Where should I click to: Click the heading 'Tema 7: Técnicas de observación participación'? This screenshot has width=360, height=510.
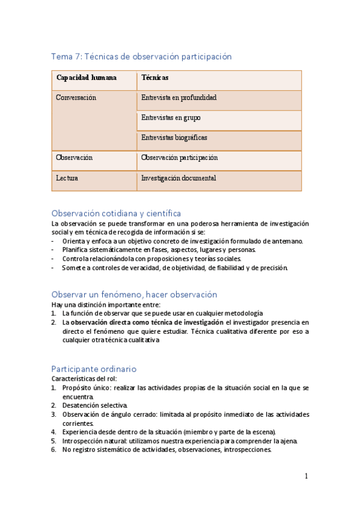tap(141, 57)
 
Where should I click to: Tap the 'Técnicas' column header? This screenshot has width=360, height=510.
tap(154, 78)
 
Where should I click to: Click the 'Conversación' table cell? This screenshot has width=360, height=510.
tap(76, 97)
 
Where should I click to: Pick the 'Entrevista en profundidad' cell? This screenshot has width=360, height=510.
tap(178, 97)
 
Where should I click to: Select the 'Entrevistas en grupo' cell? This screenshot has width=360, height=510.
tap(171, 118)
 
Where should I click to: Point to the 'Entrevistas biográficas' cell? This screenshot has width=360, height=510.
tap(174, 138)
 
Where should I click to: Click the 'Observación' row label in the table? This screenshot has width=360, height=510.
tap(74, 158)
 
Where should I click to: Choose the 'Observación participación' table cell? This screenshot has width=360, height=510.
tap(179, 158)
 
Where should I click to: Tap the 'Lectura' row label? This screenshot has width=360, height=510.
tap(67, 179)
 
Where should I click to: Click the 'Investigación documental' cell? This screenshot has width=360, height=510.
tap(178, 179)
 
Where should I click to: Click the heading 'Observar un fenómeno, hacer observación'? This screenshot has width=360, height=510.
tap(134, 295)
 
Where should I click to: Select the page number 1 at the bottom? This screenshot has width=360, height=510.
tap(306, 476)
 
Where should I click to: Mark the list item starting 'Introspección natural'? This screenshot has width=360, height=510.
tap(179, 440)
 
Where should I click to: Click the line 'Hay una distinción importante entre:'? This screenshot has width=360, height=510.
tap(105, 305)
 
